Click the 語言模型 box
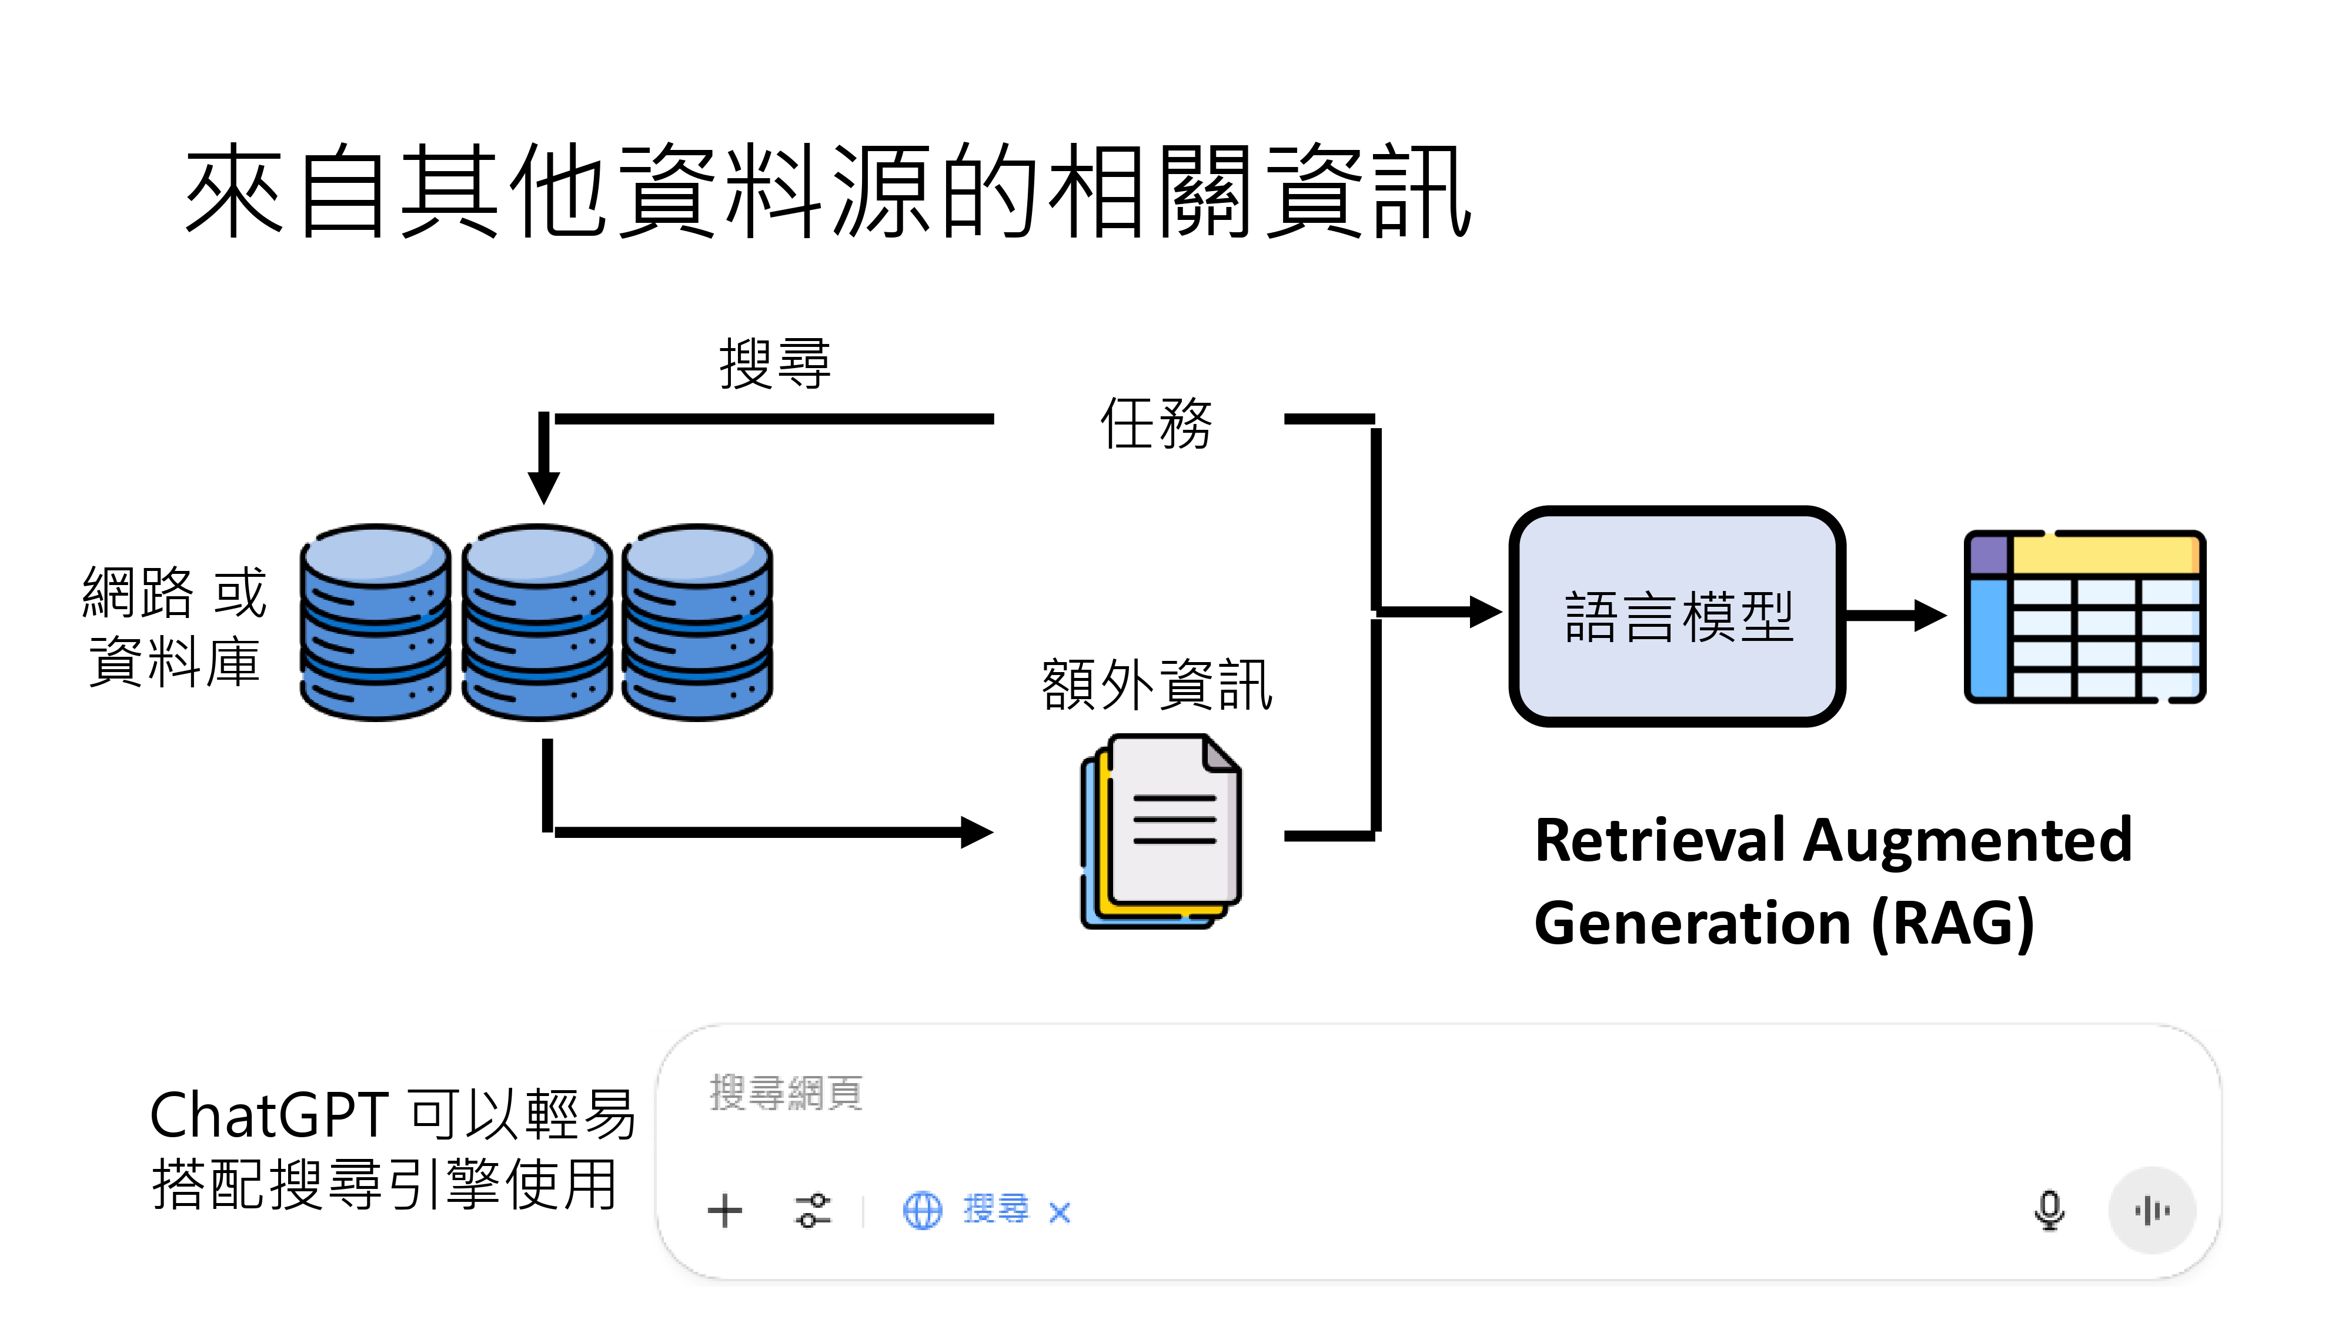pos(1676,616)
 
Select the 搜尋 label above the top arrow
pos(774,363)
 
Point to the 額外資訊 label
pos(1156,685)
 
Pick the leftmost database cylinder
pos(375,623)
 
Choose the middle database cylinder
pos(537,623)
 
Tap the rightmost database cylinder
pos(697,623)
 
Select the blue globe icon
pos(922,1211)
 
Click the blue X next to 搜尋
pos(1059,1212)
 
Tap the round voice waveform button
pos(2151,1211)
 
